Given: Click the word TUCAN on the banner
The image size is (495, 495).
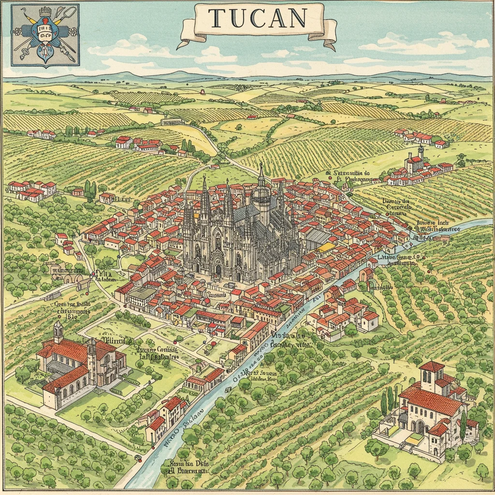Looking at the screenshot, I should point(258,18).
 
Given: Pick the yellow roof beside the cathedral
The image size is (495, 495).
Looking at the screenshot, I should point(326,247).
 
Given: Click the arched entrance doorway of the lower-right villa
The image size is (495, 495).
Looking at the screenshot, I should point(420,426).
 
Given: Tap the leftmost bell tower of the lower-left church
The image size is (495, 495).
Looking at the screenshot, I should point(58,332).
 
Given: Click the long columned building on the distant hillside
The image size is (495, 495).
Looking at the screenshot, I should point(172,122).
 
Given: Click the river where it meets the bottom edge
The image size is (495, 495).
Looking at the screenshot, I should point(140,486).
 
